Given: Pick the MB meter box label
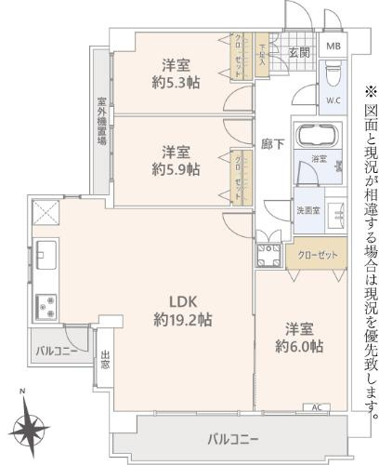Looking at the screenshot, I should pyautogui.click(x=333, y=45).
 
